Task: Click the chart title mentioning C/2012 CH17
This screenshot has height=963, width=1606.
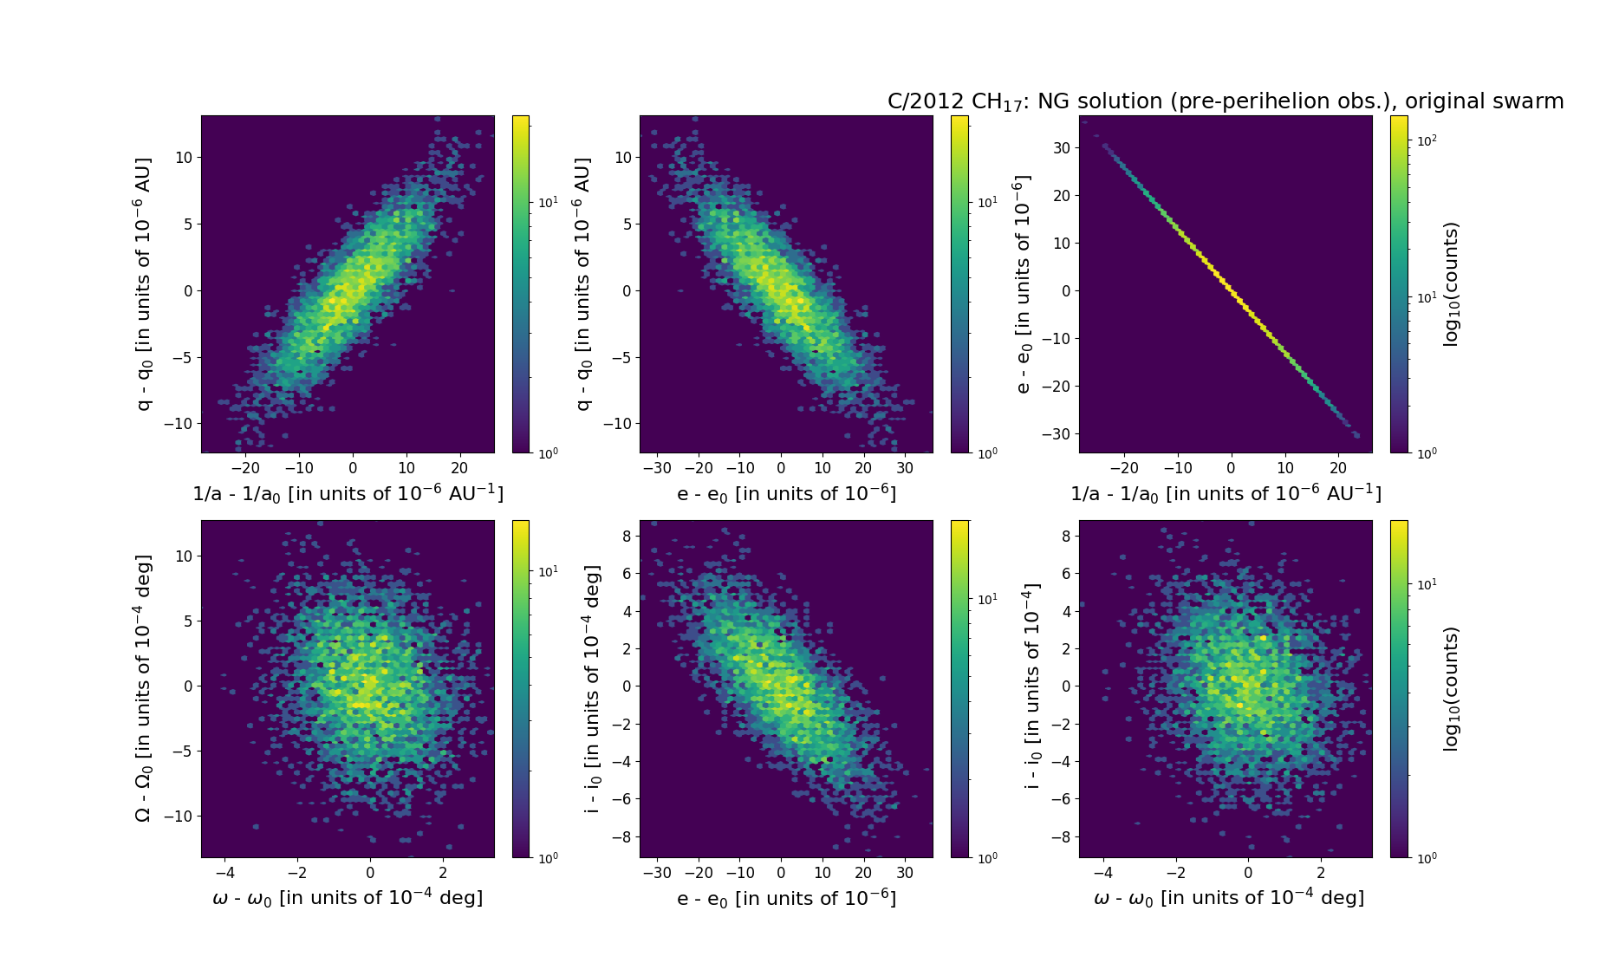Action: point(1225,101)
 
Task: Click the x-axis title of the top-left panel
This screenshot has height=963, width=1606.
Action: point(348,493)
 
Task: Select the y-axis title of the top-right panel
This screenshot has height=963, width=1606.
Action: point(1023,284)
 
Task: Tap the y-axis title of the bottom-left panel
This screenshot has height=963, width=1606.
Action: point(144,688)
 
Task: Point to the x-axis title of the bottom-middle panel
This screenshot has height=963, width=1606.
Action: point(786,898)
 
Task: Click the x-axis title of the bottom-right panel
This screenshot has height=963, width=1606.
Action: point(1228,898)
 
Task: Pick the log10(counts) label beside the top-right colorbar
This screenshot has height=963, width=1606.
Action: point(1451,284)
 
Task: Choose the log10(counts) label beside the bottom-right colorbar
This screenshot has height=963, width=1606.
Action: point(1451,688)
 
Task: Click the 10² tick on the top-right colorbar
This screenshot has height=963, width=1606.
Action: point(1425,140)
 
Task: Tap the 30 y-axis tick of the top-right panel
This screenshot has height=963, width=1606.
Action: point(1062,148)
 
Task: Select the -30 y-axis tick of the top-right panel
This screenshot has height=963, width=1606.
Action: point(1057,433)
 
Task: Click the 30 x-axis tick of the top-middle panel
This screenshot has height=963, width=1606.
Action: point(905,468)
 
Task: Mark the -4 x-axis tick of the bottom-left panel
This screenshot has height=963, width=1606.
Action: point(224,872)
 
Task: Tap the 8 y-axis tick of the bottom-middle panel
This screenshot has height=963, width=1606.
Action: point(627,537)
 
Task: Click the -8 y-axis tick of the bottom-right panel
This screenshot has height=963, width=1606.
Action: point(1061,837)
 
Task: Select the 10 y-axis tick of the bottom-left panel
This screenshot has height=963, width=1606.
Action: point(184,556)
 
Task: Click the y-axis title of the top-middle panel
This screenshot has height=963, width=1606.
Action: point(583,284)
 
